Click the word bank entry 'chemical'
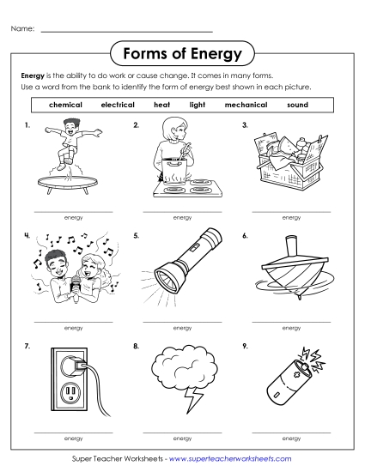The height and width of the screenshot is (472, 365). pyautogui.click(x=66, y=105)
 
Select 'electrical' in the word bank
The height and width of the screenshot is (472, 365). pyautogui.click(x=118, y=105)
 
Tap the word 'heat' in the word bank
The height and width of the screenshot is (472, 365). pyautogui.click(x=162, y=105)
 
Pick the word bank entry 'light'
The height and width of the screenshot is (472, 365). pyautogui.click(x=198, y=105)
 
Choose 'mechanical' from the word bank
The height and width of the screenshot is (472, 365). pyautogui.click(x=246, y=105)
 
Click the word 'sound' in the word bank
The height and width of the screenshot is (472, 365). pyautogui.click(x=297, y=105)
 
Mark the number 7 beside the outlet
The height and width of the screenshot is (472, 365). pyautogui.click(x=28, y=347)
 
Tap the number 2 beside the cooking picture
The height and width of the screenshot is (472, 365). pyautogui.click(x=137, y=125)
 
